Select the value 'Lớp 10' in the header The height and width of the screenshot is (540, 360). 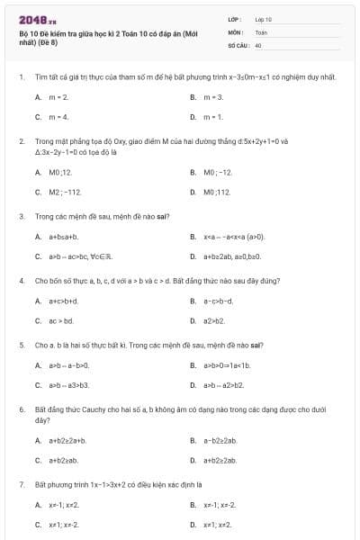pos(264,18)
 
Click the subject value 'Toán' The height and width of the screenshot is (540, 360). pos(261,31)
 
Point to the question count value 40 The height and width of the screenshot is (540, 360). pos(258,44)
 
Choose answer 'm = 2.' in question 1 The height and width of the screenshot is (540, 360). pos(59,96)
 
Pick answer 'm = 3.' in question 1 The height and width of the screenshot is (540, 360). pos(212,96)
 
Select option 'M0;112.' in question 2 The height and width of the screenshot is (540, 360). pos(217,192)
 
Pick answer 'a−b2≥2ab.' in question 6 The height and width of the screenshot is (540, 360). pos(220,440)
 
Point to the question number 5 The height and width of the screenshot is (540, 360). pos(21,345)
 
